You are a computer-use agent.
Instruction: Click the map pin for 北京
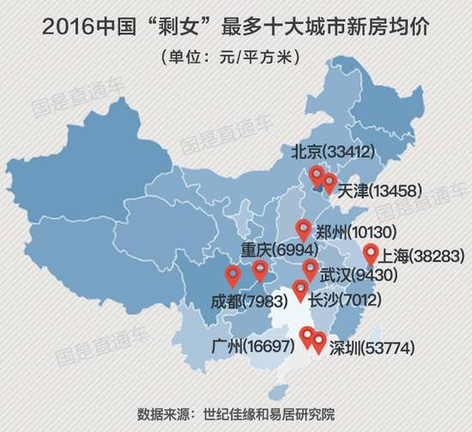[x=317, y=177]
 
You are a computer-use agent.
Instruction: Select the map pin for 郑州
[x=302, y=230]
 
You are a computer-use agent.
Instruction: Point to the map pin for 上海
[x=370, y=254]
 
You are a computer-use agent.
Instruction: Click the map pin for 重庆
[x=260, y=272]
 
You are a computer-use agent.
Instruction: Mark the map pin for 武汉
[x=310, y=271]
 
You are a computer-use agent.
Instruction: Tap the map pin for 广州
[x=306, y=338]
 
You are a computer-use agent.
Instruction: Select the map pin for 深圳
[x=319, y=343]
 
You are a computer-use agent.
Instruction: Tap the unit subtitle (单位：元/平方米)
[x=235, y=57]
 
